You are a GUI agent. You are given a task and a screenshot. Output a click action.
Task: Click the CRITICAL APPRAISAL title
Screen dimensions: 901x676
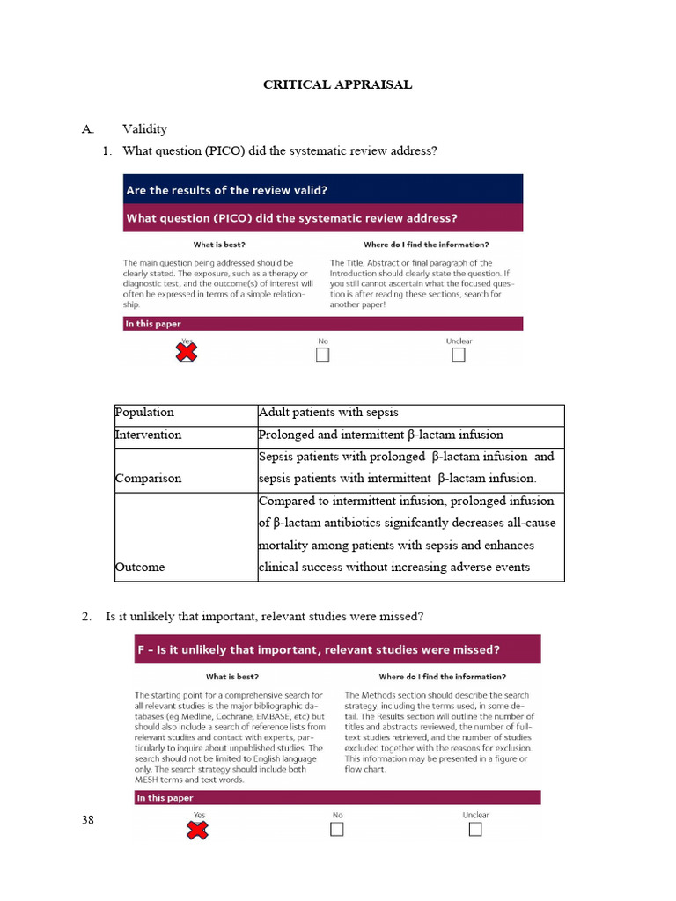338,85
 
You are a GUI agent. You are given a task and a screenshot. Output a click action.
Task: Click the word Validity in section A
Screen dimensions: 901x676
144,129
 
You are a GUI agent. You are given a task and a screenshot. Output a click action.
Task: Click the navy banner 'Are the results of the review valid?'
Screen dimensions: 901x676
322,189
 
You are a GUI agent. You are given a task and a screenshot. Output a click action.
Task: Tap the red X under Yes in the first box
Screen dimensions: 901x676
187,353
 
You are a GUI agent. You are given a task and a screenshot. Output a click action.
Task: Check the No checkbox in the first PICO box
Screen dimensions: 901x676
323,355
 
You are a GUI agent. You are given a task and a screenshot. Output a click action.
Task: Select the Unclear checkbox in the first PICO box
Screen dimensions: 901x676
459,355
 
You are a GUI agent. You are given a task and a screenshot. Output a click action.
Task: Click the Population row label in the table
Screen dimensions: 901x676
145,412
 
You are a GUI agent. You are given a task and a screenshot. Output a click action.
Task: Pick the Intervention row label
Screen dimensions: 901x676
149,435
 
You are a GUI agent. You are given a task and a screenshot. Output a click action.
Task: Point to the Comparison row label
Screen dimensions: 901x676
149,479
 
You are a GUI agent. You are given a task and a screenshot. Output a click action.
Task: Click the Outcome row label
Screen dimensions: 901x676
140,567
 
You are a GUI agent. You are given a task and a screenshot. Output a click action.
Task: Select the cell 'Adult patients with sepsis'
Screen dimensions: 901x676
328,412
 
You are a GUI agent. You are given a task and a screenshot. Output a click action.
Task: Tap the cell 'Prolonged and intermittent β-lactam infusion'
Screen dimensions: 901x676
381,435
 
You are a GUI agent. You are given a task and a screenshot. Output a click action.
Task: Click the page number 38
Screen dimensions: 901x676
87,821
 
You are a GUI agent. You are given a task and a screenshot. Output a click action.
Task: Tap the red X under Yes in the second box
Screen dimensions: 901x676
198,829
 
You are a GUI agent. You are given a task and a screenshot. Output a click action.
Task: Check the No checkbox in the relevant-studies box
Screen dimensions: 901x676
337,829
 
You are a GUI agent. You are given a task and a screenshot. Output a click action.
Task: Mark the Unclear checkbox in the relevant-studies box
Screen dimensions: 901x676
475,829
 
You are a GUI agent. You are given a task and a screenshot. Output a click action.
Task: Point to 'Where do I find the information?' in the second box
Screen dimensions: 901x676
442,677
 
